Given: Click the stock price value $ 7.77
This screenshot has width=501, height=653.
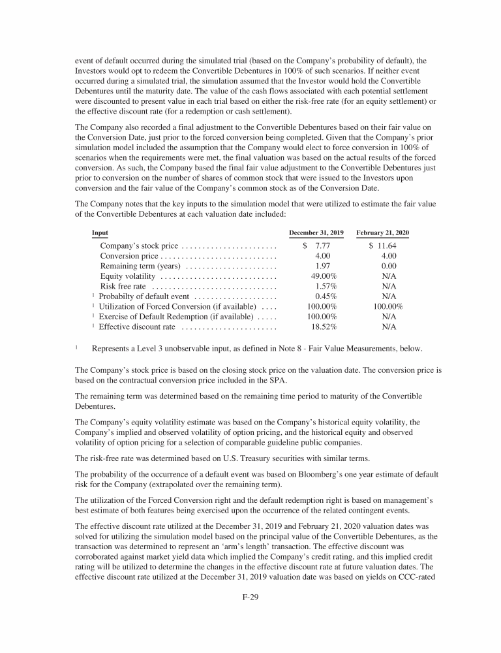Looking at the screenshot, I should point(316,246).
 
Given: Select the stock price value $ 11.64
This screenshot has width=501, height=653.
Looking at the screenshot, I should point(383,246).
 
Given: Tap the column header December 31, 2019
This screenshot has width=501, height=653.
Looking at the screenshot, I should point(316,232).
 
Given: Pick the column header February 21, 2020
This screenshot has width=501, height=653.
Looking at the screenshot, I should point(383,232).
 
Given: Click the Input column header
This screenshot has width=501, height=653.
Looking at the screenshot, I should point(100,232).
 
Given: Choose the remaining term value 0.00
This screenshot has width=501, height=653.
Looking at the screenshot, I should point(389,266).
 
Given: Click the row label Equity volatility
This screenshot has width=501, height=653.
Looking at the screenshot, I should point(127,276).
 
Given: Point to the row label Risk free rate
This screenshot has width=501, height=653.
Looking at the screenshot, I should point(122,286).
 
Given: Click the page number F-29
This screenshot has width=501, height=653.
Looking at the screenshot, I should point(250,597).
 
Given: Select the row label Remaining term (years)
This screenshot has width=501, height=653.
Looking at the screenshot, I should point(140,266).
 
